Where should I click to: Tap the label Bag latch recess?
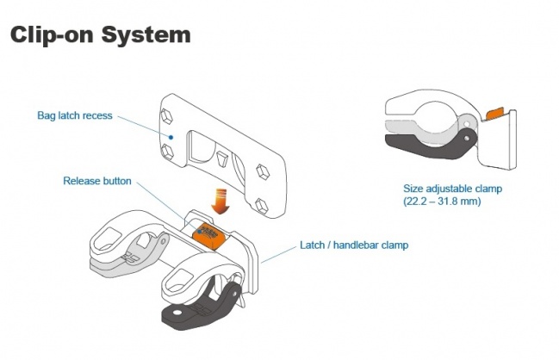coord(74,115)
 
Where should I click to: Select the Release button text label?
coord(97,181)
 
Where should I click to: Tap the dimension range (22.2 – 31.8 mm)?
coord(442,201)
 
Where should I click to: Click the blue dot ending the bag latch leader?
coord(171,136)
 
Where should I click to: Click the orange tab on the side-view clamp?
coord(495,112)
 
